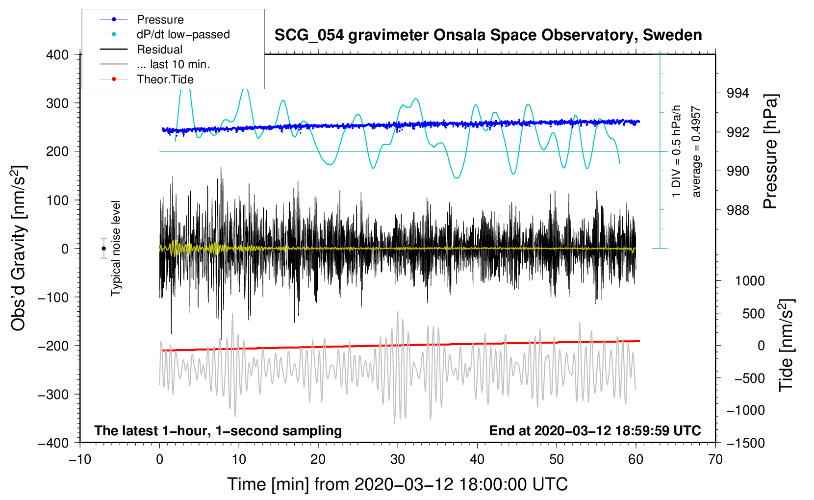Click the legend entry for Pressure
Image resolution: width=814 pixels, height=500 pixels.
pyautogui.click(x=160, y=20)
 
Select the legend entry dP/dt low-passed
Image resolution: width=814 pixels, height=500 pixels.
pyautogui.click(x=183, y=34)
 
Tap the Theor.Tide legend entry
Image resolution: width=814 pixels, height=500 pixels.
pyautogui.click(x=165, y=79)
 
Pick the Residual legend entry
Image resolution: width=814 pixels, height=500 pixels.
pyautogui.click(x=159, y=50)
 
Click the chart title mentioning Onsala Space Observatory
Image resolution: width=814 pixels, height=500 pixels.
pyautogui.click(x=488, y=35)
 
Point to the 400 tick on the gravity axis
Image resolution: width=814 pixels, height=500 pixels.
pyautogui.click(x=57, y=55)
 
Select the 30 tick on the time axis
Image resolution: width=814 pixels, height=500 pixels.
pyautogui.click(x=398, y=459)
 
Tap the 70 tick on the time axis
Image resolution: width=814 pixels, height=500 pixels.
pyautogui.click(x=715, y=459)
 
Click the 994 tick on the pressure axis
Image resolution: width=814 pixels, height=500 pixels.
pyautogui.click(x=738, y=93)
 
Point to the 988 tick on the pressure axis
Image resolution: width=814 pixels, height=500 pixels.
pyautogui.click(x=738, y=210)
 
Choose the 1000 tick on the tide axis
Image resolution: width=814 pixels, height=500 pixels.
pyautogui.click(x=749, y=281)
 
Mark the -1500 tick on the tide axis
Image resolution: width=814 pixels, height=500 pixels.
pyautogui.click(x=745, y=443)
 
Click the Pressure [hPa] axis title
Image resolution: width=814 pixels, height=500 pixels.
pyautogui.click(x=770, y=152)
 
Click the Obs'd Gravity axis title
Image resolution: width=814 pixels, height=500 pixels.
pyautogui.click(x=19, y=248)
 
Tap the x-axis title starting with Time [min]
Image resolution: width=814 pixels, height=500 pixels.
pyautogui.click(x=398, y=484)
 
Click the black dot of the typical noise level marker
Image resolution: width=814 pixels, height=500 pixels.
pyautogui.click(x=103, y=249)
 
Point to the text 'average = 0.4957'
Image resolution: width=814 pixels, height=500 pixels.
pyautogui.click(x=696, y=152)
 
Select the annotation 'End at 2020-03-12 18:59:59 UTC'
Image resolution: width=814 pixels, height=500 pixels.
pyautogui.click(x=595, y=431)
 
